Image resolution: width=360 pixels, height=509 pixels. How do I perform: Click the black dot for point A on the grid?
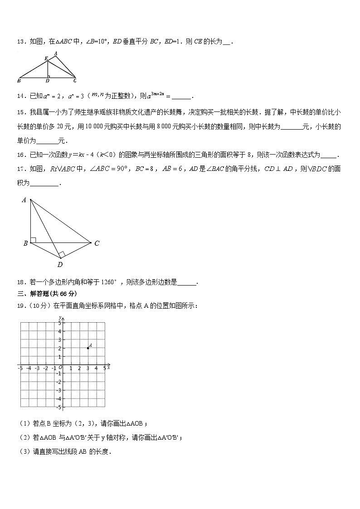point(88,348)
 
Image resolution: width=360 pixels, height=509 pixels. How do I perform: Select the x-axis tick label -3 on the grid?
point(37,369)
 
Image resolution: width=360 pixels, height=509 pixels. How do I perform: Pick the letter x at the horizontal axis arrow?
point(109,368)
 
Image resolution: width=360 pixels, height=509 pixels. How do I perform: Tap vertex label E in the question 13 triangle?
point(46,58)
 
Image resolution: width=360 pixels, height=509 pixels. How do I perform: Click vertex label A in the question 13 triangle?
point(55,53)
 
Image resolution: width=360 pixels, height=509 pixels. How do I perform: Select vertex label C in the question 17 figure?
point(97,243)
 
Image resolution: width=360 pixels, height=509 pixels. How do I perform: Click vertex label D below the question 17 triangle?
point(60,265)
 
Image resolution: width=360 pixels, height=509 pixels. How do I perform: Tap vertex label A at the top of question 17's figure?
point(24,200)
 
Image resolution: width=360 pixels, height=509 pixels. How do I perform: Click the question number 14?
point(21,96)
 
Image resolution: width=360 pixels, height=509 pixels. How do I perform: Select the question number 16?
point(21,155)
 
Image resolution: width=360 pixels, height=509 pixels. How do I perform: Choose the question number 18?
point(21,282)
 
